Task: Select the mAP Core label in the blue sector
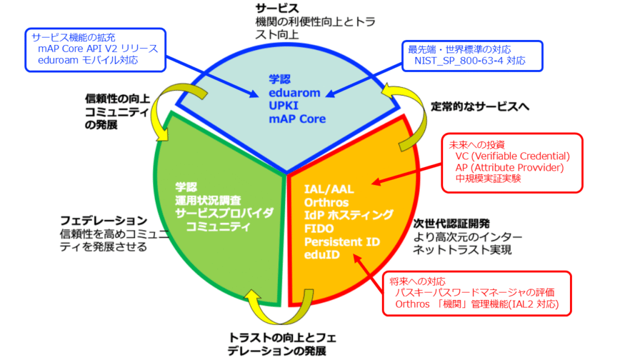[297, 119]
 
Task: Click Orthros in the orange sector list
[327, 202]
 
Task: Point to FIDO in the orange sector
[319, 228]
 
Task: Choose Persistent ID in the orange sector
[342, 241]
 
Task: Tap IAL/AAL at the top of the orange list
[328, 189]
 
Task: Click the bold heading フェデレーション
[103, 221]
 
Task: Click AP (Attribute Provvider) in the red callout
[509, 167]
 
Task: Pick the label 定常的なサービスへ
[480, 106]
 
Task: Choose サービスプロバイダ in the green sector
[225, 212]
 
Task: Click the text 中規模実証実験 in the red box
[488, 179]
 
